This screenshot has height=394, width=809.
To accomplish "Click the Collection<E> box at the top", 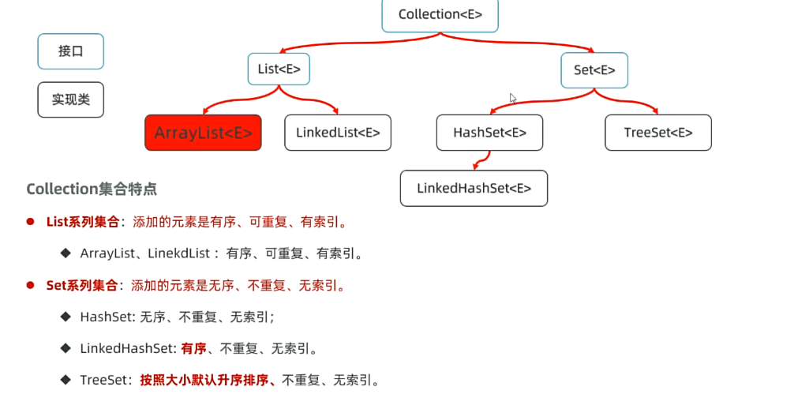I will [x=440, y=14].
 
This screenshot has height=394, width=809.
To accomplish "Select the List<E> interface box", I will [x=279, y=69].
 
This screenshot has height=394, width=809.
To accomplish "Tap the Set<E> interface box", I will [x=594, y=69].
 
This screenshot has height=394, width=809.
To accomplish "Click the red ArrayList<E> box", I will [x=203, y=133].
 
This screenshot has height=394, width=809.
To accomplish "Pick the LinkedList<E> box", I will [x=338, y=133].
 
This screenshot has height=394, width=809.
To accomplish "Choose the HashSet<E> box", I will [x=489, y=133].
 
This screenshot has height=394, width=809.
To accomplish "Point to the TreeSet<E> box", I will [x=657, y=133].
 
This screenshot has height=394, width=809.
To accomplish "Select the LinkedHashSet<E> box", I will [x=474, y=188].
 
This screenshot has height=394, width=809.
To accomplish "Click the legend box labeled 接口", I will [x=70, y=51].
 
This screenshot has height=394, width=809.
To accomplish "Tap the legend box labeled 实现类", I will [x=70, y=99].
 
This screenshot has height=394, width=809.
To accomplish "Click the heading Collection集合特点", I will [x=92, y=189].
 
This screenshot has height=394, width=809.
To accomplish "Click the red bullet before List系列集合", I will [x=31, y=222].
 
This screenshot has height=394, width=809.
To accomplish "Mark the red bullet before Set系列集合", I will [x=31, y=284].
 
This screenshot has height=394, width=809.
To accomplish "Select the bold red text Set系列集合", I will [x=83, y=284].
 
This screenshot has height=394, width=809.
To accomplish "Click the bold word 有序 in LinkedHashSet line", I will [x=193, y=348].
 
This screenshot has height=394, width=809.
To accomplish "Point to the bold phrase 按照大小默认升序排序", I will [x=206, y=380].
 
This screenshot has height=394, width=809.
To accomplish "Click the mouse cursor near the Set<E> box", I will [x=513, y=99].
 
